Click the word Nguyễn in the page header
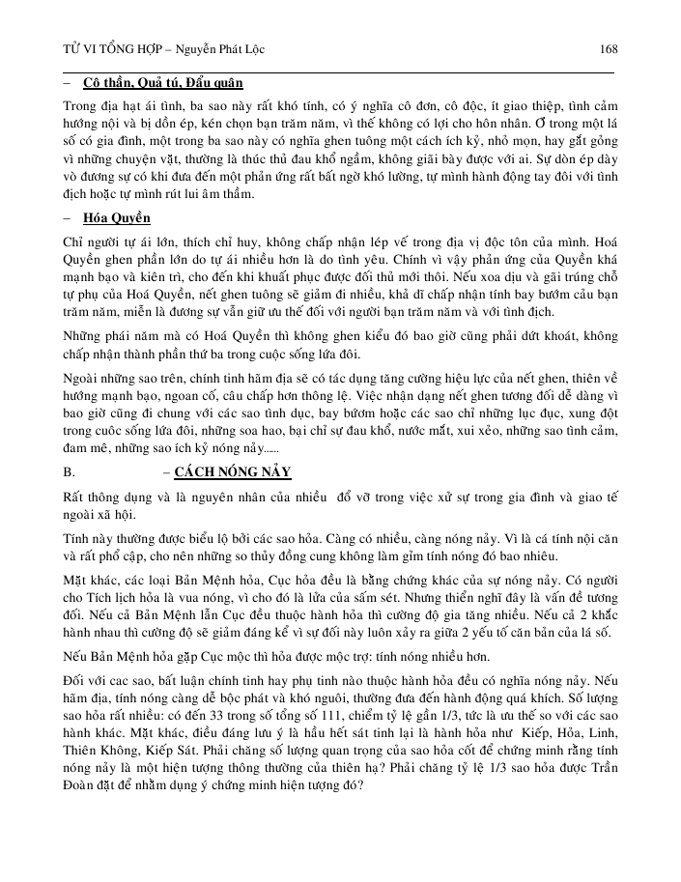(x=206, y=48)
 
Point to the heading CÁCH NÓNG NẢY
(x=233, y=471)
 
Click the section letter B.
(x=69, y=471)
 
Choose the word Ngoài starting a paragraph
(x=82, y=367)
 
